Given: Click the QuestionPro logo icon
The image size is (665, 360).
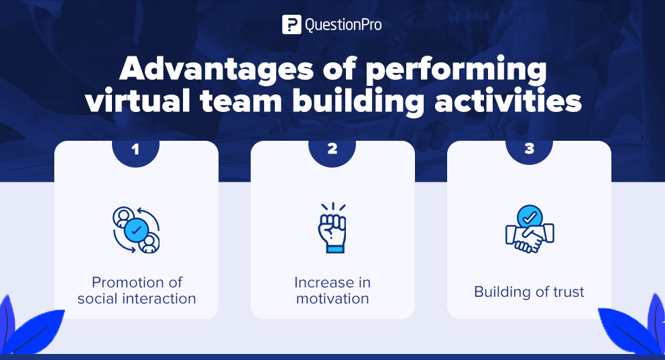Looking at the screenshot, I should click(292, 25).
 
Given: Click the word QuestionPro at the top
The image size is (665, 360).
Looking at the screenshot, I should click(343, 25).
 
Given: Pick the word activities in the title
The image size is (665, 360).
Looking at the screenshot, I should click(513, 102).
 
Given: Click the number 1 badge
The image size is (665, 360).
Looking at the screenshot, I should click(136, 149).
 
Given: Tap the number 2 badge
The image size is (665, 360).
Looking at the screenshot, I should click(332, 149).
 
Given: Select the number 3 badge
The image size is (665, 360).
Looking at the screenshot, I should click(529, 149).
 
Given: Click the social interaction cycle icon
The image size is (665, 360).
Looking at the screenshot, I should click(136, 230).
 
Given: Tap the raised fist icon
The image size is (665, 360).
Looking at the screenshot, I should click(332, 228).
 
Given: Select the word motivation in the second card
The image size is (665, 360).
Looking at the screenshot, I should click(332, 298).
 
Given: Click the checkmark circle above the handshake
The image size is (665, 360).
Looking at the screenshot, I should click(530, 217).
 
